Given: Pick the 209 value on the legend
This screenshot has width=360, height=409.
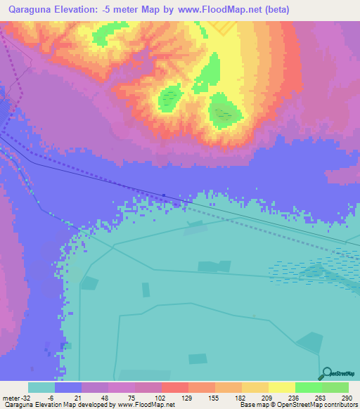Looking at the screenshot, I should (255, 398).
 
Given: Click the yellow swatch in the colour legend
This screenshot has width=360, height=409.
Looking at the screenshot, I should (281, 387).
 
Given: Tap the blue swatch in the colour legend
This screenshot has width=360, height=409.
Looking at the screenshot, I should (68, 387).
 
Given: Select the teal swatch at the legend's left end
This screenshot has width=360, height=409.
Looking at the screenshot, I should (41, 387).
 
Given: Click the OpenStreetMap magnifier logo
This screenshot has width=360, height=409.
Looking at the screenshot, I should (326, 373).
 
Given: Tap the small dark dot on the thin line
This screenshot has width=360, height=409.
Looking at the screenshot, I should (164, 195).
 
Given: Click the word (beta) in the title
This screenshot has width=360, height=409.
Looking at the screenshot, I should (275, 10).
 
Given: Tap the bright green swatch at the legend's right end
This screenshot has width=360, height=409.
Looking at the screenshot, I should (335, 387).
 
